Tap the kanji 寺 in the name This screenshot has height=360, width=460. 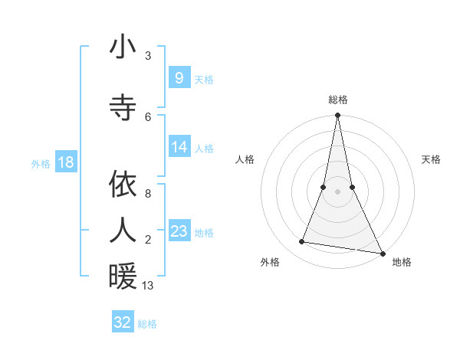click(x=123, y=106)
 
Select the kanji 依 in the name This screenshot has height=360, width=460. click(x=123, y=184)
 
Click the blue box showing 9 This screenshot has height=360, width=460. click(x=179, y=78)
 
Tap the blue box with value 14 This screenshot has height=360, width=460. click(x=179, y=148)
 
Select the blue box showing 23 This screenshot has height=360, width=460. click(x=179, y=232)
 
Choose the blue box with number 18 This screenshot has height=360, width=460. click(x=65, y=162)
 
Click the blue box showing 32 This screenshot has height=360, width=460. click(x=123, y=322)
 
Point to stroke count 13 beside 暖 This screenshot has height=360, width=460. click(x=148, y=286)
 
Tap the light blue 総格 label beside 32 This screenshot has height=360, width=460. click(x=147, y=324)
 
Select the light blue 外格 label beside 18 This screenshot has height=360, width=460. click(x=40, y=163)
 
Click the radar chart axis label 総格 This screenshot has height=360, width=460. click(x=337, y=100)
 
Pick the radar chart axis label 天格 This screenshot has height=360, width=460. click(x=431, y=159)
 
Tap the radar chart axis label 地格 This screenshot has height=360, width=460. click(x=402, y=262)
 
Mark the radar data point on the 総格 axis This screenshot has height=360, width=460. click(x=337, y=116)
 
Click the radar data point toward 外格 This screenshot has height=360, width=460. click(x=302, y=242)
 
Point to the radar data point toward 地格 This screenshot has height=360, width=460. click(x=382, y=254)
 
